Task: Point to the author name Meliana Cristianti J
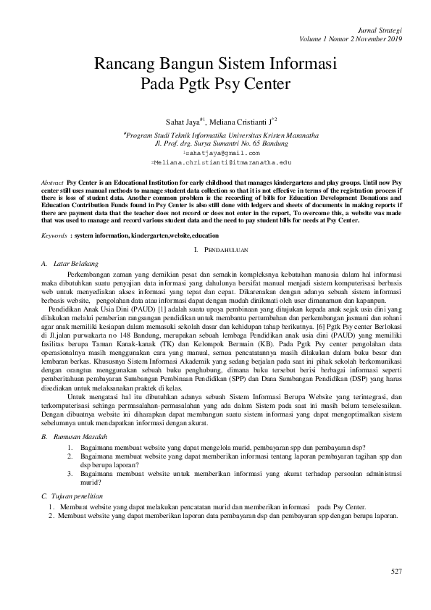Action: (x=236, y=122)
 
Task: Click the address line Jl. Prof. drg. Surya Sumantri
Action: (x=215, y=143)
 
